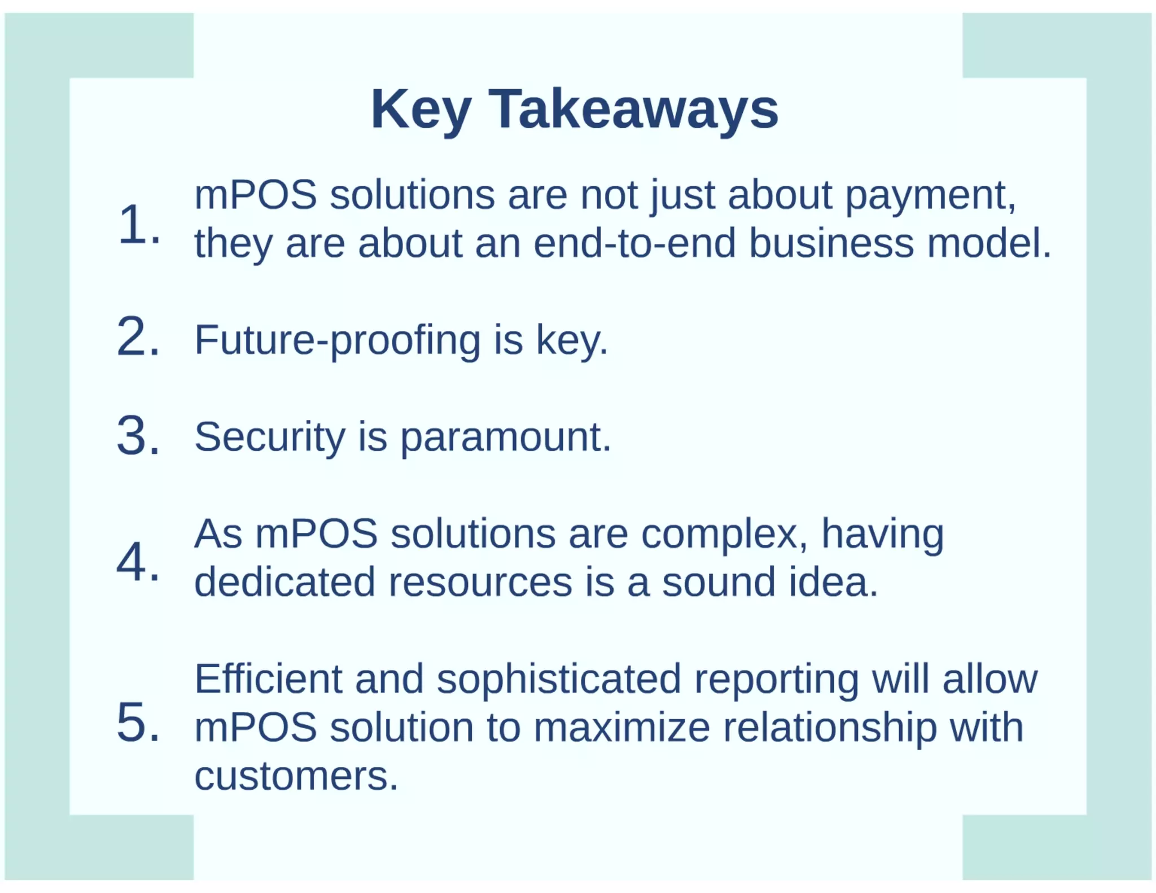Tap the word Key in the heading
(421, 111)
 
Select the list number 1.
(138, 225)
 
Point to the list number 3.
(138, 436)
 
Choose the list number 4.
(138, 562)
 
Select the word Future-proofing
(337, 340)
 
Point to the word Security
(269, 437)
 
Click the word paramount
(505, 438)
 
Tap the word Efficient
(268, 678)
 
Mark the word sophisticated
(559, 680)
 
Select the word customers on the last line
(296, 776)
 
